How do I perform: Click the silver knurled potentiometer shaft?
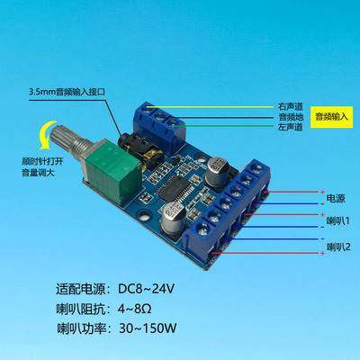coord(73,144)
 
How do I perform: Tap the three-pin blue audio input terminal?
coord(157,115)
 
